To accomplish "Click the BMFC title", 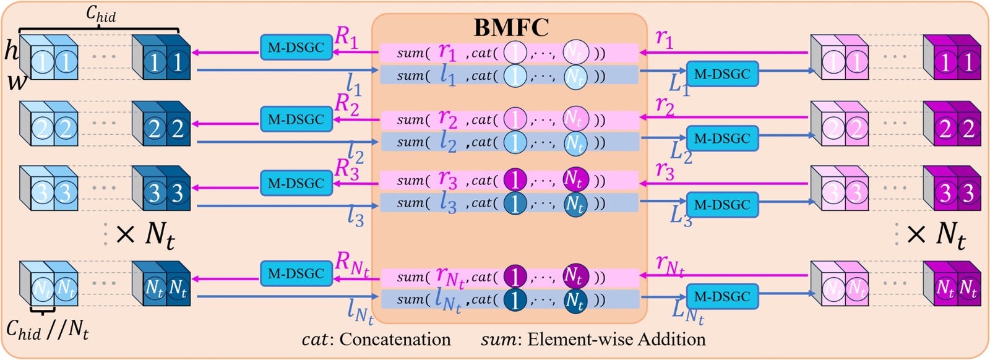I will [511, 28].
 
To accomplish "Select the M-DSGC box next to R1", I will [296, 48].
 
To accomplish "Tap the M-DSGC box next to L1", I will [722, 74].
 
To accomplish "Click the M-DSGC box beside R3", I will [296, 184].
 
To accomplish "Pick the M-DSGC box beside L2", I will [722, 139].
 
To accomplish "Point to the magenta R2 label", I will [347, 103].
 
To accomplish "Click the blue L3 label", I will [681, 215].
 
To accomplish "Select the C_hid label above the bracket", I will [101, 14].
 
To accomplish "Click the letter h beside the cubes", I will [11, 51].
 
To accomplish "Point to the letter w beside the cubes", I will [16, 81].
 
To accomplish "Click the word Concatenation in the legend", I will [395, 340].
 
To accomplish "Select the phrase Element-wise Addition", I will [616, 340].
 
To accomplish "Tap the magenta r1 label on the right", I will [665, 39].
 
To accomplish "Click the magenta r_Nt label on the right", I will [670, 266].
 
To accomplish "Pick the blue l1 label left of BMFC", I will [353, 84].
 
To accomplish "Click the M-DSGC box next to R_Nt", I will [296, 273].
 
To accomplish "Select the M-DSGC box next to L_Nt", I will [722, 297].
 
